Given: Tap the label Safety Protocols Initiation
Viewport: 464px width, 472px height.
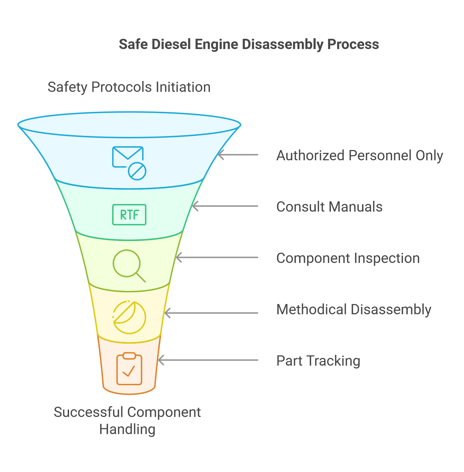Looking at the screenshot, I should click(x=129, y=87).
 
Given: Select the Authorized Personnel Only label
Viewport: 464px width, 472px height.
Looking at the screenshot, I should click(x=360, y=156).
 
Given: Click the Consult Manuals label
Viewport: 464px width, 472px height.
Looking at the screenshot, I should click(x=329, y=207).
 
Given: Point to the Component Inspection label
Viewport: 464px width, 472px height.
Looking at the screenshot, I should click(x=348, y=258).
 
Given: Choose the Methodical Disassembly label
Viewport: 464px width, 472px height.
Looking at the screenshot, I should click(x=354, y=310).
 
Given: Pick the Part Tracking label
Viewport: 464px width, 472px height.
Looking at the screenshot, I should click(x=318, y=361).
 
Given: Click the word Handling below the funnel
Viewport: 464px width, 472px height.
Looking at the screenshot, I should click(x=127, y=429).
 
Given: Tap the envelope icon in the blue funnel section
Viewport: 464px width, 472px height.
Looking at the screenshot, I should click(x=128, y=157).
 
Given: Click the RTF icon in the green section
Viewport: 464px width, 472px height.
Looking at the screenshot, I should click(x=129, y=215).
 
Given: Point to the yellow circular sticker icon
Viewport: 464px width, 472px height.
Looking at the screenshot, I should click(x=130, y=317).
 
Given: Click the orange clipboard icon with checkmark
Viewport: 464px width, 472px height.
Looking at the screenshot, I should click(x=129, y=369).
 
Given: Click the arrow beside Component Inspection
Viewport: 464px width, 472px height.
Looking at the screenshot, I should click(x=217, y=258).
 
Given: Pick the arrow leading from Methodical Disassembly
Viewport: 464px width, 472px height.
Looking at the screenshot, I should click(x=211, y=313).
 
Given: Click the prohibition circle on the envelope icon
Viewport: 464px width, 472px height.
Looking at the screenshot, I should click(x=137, y=171).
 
